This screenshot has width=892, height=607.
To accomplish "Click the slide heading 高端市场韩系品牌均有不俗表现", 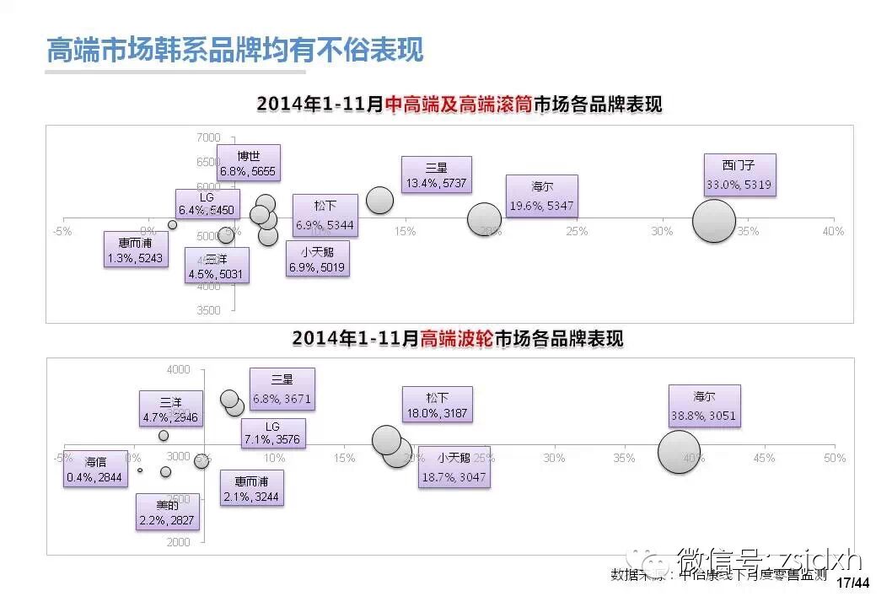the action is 234,50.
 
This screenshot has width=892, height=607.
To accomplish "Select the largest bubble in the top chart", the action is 715,221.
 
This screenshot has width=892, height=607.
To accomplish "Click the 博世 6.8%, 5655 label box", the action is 248,163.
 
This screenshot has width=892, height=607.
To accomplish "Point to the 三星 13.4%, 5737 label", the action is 436,175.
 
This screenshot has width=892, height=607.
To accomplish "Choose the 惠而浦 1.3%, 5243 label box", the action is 135,250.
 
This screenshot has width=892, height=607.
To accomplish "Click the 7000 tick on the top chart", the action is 208,137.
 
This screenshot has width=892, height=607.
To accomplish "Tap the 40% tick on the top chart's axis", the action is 833,232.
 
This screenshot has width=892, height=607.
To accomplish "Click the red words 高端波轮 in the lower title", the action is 455,339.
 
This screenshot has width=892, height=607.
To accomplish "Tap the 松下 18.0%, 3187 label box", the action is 437,405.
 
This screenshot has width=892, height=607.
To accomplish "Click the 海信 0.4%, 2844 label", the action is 95,470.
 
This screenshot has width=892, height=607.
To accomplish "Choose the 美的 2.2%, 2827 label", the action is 168,512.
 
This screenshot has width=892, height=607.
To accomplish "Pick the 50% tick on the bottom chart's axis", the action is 834,458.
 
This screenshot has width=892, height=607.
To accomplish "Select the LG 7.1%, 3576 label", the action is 271,434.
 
